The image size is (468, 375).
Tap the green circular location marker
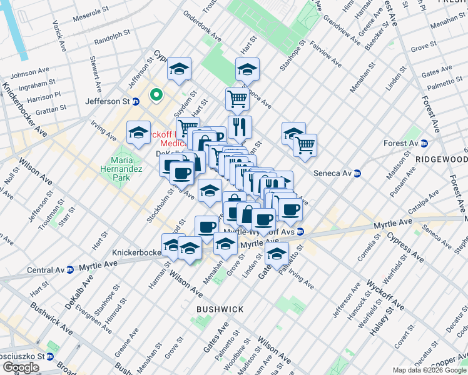point(155,96)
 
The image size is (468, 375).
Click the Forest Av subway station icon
point(424,142)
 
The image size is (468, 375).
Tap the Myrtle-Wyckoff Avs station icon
point(301,231)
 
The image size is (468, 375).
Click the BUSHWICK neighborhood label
point(219,309)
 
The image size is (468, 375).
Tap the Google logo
point(21,367)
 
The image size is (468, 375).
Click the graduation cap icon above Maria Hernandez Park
point(138,132)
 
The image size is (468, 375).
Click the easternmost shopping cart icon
point(305,145)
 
